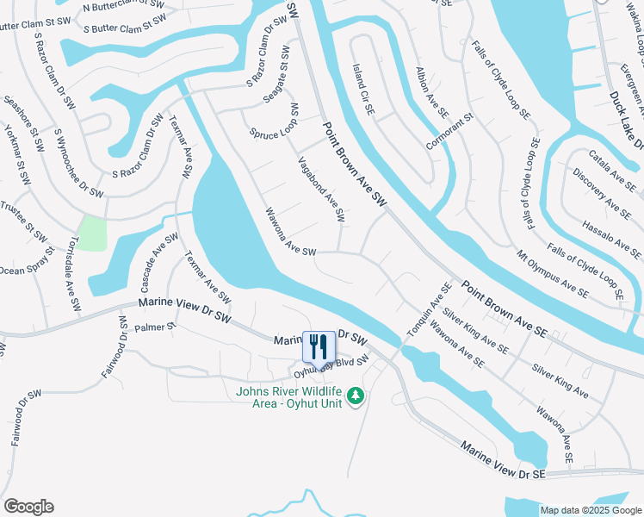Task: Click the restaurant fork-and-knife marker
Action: point(319,346)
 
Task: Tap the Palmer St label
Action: point(155,327)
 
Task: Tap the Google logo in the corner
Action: point(28,507)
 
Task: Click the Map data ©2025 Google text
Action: point(591,510)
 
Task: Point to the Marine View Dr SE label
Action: point(503,461)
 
